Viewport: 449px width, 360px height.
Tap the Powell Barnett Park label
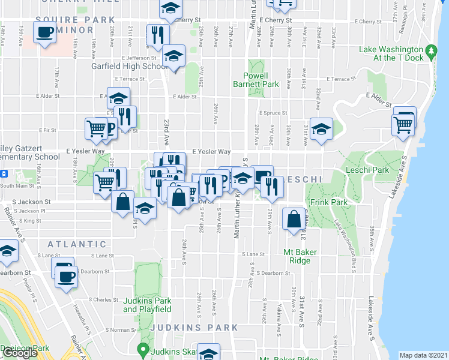pyautogui.click(x=261, y=80)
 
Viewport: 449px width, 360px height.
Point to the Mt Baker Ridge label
pyautogui.click(x=297, y=256)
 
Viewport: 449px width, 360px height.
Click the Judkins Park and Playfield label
pyautogui.click(x=148, y=305)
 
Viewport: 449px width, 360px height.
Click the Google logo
pyautogui.click(x=19, y=353)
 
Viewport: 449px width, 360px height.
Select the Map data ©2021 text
pyautogui.click(x=423, y=355)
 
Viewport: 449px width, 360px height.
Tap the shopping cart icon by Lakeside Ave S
pyautogui.click(x=402, y=125)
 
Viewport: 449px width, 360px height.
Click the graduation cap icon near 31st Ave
pyautogui.click(x=321, y=128)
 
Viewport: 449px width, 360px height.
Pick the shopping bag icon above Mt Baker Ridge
pyautogui.click(x=294, y=220)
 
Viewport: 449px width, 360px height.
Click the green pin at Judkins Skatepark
pyautogui.click(x=143, y=349)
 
